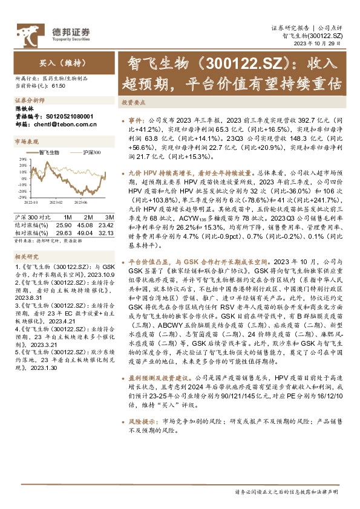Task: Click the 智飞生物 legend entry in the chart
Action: click(x=48, y=153)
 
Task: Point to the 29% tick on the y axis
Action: click(x=23, y=159)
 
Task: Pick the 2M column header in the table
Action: click(x=88, y=216)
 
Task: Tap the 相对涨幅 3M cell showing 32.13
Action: click(x=106, y=232)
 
